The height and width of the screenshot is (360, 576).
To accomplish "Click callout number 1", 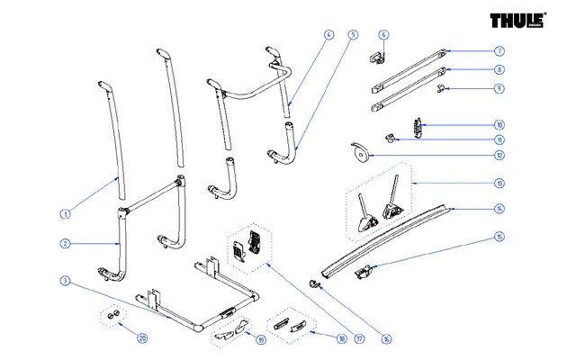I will (65, 214).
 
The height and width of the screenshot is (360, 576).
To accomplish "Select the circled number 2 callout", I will (65, 244).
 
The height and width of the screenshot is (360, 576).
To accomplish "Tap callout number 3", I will (65, 282).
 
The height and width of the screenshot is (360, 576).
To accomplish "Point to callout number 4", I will (328, 35).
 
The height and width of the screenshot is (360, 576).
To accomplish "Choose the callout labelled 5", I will (353, 35).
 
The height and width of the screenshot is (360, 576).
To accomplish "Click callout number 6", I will (383, 35).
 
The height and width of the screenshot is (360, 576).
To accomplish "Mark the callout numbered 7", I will (499, 51).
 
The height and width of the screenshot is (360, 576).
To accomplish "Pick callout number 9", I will (499, 88).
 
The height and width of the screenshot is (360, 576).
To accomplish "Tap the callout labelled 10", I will (499, 125).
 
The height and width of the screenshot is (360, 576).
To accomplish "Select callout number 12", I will (499, 155).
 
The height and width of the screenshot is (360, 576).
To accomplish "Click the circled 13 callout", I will (499, 183).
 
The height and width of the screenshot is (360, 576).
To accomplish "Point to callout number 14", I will (499, 209).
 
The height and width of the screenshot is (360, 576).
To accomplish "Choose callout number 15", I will (499, 238).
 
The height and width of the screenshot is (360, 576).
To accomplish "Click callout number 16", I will (386, 339).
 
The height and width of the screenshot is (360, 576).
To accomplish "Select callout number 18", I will (341, 339).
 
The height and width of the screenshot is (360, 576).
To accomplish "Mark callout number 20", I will (141, 338).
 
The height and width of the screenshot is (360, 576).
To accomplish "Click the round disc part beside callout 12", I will (359, 154).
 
